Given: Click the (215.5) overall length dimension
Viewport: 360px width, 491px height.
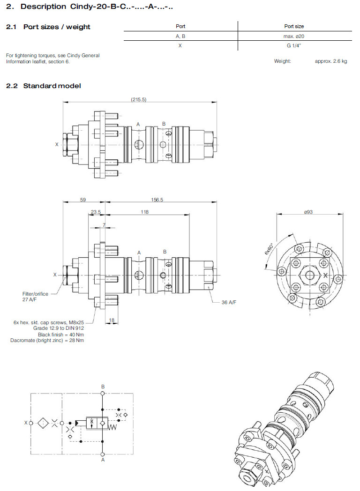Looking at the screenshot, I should (139, 99).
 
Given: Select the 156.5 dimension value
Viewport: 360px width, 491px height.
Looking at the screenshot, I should (157, 200).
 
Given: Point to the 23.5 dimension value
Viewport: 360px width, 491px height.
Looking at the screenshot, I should (96, 212).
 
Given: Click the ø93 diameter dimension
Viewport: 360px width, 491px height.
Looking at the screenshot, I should (308, 212).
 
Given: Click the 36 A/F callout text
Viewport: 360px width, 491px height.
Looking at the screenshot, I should (229, 303).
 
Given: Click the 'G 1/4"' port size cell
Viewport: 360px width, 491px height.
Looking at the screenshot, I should (294, 45).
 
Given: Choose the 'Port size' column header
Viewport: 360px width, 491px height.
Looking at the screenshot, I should (294, 26).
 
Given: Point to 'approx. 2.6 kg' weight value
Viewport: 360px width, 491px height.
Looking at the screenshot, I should (331, 61).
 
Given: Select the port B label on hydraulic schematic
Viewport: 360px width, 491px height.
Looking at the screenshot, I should (103, 387).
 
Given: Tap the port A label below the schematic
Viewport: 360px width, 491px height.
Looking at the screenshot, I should (103, 460).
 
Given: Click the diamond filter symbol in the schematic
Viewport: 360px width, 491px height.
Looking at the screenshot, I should (42, 423).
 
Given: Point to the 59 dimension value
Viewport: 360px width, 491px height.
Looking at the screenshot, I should (83, 200).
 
